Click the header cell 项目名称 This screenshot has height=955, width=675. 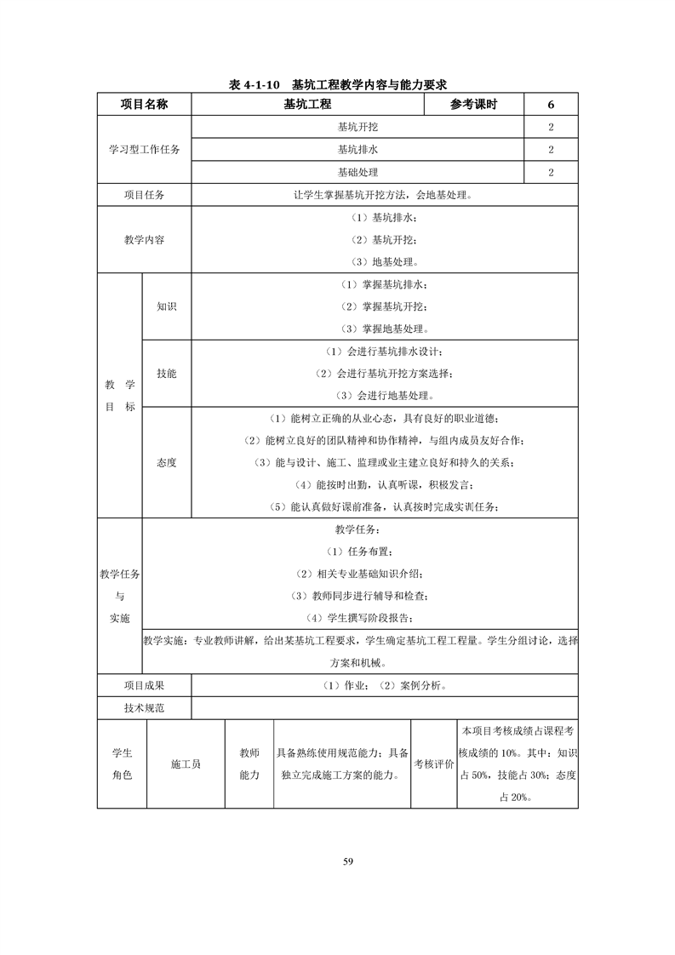click(144, 105)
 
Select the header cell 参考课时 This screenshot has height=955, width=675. click(473, 105)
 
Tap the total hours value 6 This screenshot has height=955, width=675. click(551, 105)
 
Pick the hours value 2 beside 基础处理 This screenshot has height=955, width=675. click(551, 172)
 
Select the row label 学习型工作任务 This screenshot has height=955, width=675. click(144, 150)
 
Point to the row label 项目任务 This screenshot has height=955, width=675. click(144, 195)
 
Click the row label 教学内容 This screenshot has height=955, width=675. click(144, 240)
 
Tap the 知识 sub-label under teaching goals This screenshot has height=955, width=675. click(167, 306)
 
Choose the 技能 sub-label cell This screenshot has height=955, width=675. click(167, 374)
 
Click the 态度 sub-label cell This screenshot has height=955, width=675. click(167, 462)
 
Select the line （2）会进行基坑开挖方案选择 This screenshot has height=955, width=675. click(384, 374)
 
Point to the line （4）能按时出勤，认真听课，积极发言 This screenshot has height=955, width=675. click(384, 485)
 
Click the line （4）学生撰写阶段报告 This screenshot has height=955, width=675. click(360, 618)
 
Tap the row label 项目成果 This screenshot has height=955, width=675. click(144, 685)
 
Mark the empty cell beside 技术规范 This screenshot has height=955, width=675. click(385, 707)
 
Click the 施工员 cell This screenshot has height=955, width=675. click(186, 764)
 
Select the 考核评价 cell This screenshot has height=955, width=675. click(433, 764)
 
